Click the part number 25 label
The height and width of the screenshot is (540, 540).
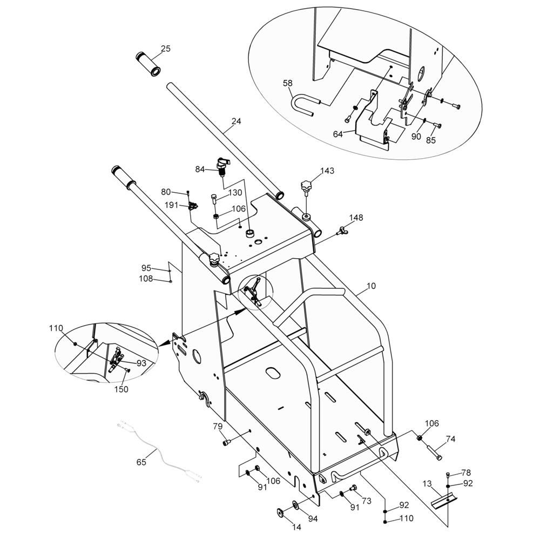tap(166, 49)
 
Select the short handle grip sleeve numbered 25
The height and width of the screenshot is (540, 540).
tap(148, 64)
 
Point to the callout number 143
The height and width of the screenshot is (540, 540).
tap(327, 171)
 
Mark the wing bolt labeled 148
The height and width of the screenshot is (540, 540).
tap(342, 230)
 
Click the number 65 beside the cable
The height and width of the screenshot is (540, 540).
tap(141, 462)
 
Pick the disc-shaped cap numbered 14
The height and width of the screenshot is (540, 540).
tap(280, 512)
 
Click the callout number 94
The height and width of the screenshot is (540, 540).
tap(313, 518)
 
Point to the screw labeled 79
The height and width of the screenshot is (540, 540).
tap(227, 442)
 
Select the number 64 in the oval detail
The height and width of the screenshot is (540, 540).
tap(338, 134)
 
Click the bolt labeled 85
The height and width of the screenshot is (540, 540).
tap(438, 126)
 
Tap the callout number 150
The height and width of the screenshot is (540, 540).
tap(121, 389)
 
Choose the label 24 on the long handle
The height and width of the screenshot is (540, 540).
tap(237, 121)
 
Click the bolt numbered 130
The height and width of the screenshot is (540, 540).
tap(213, 199)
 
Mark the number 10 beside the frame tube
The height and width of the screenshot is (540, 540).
tap(372, 286)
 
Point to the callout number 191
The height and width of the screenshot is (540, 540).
tap(172, 205)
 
